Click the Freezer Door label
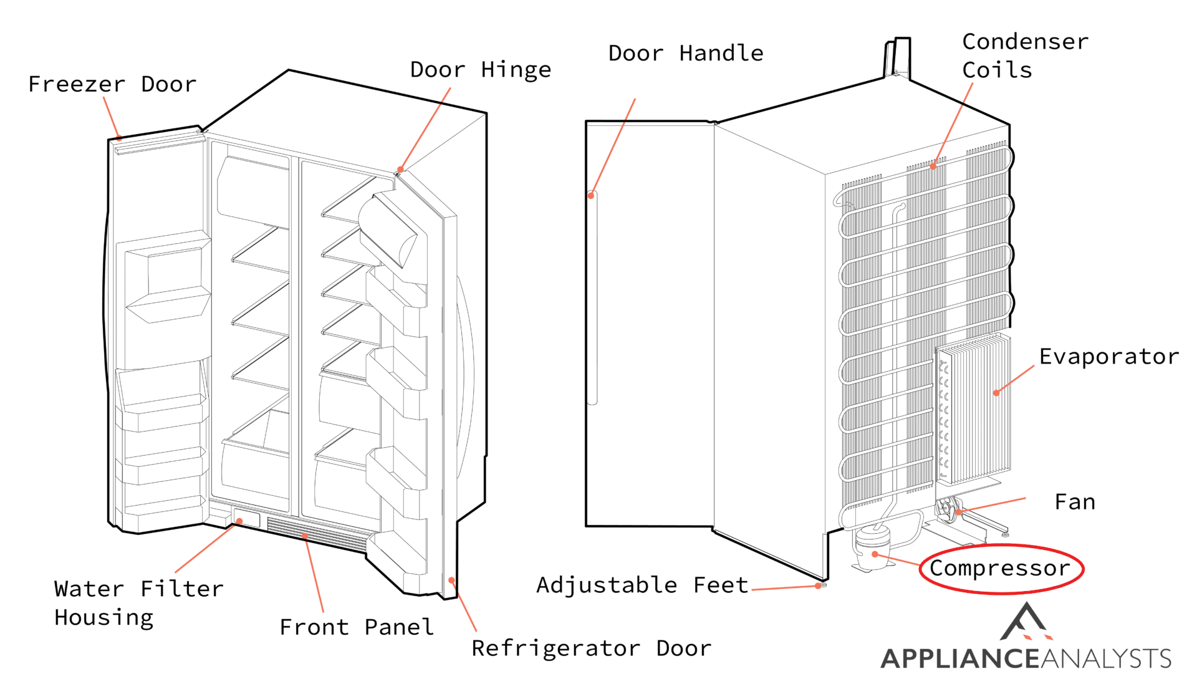pyautogui.click(x=112, y=84)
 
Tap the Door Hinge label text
pyautogui.click(x=480, y=70)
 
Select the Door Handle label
pyautogui.click(x=685, y=54)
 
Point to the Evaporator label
pyautogui.click(x=1108, y=357)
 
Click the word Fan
pyautogui.click(x=1074, y=502)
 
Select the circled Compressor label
pyautogui.click(x=1000, y=568)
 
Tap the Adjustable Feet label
pyautogui.click(x=642, y=585)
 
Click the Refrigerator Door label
pyautogui.click(x=591, y=648)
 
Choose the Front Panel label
pyautogui.click(x=357, y=627)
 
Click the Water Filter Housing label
pyautogui.click(x=138, y=603)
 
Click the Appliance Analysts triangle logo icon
pyautogui.click(x=1026, y=622)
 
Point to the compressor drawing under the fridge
pyautogui.click(x=872, y=549)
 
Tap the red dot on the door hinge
pyautogui.click(x=400, y=170)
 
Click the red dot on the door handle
pyautogui.click(x=591, y=196)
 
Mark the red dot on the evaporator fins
pyautogui.click(x=996, y=393)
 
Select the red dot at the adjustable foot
pyautogui.click(x=818, y=586)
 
